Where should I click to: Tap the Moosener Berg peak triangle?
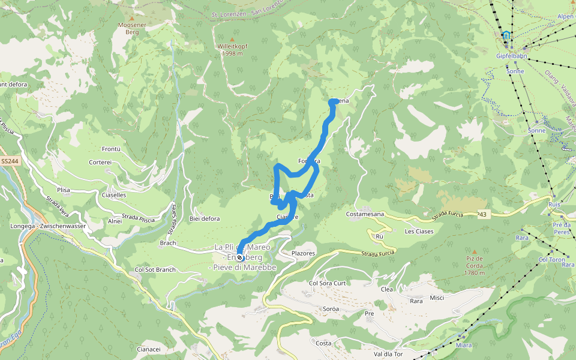[131, 19]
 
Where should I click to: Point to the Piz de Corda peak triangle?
[475, 252]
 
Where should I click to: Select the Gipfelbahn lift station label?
[511, 56]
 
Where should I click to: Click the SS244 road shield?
[9, 161]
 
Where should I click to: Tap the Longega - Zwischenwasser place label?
[49, 226]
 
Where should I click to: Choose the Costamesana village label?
[365, 214]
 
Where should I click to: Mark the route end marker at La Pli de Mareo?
[240, 257]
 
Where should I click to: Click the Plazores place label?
[303, 253]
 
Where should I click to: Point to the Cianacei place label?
[149, 349]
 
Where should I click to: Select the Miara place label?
[464, 345]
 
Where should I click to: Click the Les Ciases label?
[419, 231]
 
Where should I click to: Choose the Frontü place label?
[112, 149]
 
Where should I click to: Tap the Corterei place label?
[100, 162]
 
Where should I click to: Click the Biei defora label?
[204, 218]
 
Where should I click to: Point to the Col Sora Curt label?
[327, 283]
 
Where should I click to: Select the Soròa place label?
[331, 309]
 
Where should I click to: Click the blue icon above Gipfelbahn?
[507, 36]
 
